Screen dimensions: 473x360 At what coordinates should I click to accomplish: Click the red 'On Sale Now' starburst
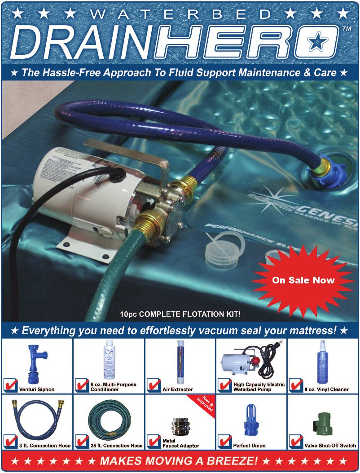pyautogui.click(x=303, y=280)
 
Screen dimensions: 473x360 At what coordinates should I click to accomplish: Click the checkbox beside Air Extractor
pyautogui.click(x=153, y=385)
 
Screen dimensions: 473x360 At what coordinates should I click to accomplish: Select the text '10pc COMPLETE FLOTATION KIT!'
pyautogui.click(x=180, y=314)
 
